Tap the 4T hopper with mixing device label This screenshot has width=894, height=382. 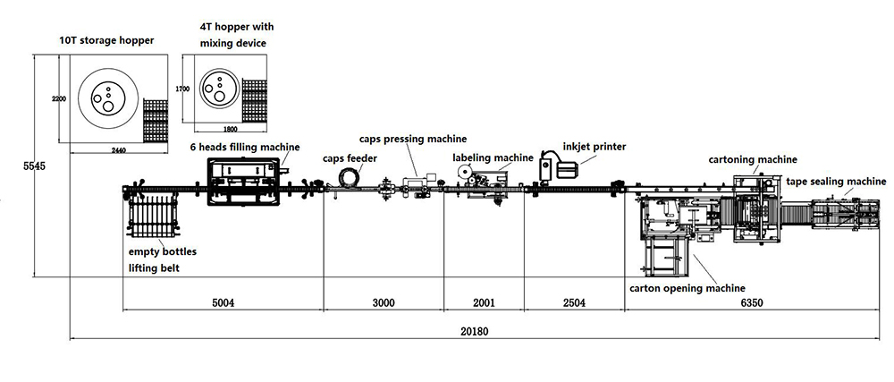[x=232, y=35]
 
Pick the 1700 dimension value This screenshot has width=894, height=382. [x=181, y=89]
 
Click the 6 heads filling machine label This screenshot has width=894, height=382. [x=244, y=147]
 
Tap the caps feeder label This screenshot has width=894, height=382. [x=350, y=158]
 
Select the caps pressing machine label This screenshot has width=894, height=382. [x=413, y=139]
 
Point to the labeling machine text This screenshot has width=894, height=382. [x=493, y=158]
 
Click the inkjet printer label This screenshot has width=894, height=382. [x=595, y=146]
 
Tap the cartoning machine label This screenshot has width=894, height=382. [x=752, y=159]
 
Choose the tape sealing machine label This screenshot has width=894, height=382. [x=836, y=182]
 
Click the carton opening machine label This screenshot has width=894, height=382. [x=687, y=288]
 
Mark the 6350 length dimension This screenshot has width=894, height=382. [x=750, y=302]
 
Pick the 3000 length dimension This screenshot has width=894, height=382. [x=383, y=302]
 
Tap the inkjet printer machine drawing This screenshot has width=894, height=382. [x=556, y=166]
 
